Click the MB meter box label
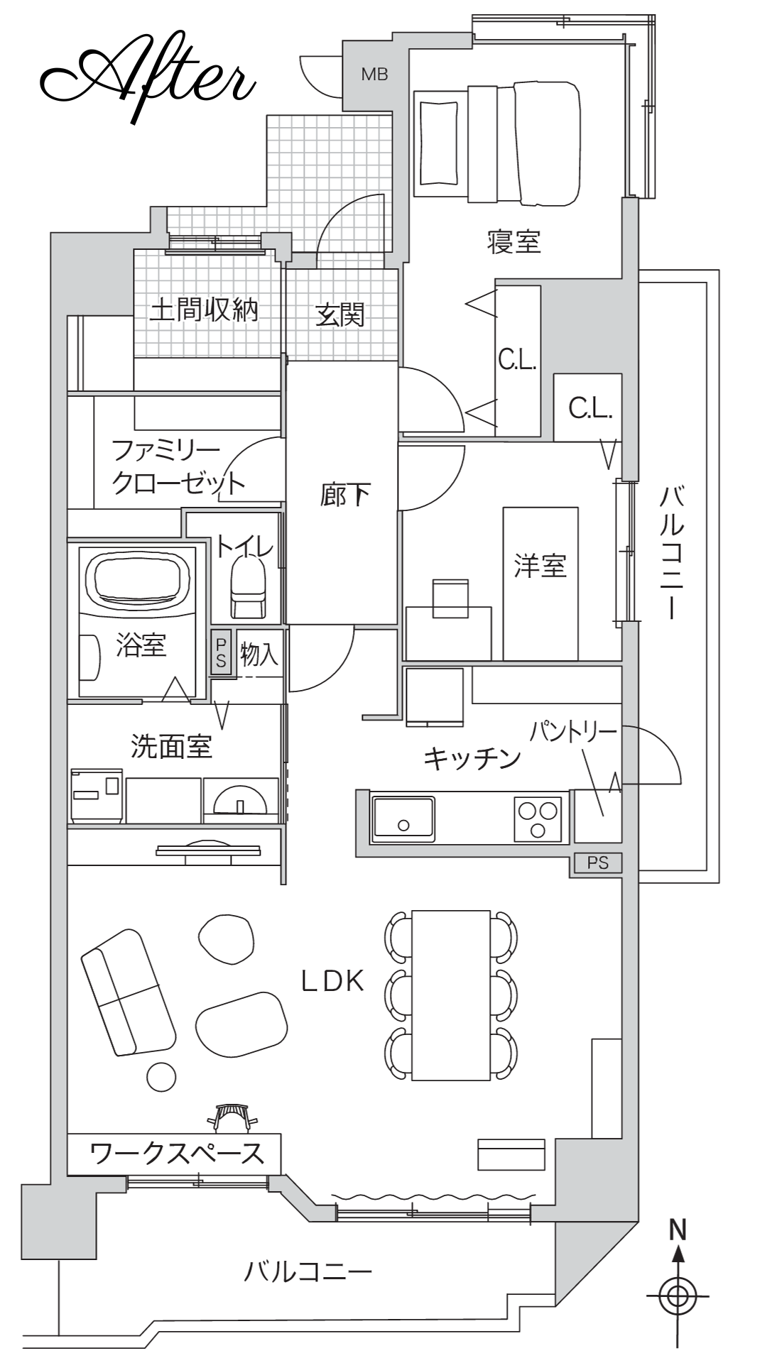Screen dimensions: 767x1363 point(374,74)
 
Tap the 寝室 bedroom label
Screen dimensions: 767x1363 point(514,242)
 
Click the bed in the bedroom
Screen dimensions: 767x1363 point(496,143)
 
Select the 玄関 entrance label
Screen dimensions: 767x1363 point(341,314)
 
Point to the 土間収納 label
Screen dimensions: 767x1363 point(205,310)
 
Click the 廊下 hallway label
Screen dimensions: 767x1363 point(345,494)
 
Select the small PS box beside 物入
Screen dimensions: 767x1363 point(221,652)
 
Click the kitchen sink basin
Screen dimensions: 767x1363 point(403,819)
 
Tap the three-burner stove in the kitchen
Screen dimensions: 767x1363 point(538,819)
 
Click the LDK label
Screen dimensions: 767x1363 point(332,981)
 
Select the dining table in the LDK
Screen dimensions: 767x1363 point(451,995)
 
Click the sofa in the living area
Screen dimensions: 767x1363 point(129,992)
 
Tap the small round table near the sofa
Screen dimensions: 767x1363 point(161,1077)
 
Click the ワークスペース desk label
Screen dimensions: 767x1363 point(177,1153)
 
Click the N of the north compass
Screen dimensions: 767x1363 point(678,1230)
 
